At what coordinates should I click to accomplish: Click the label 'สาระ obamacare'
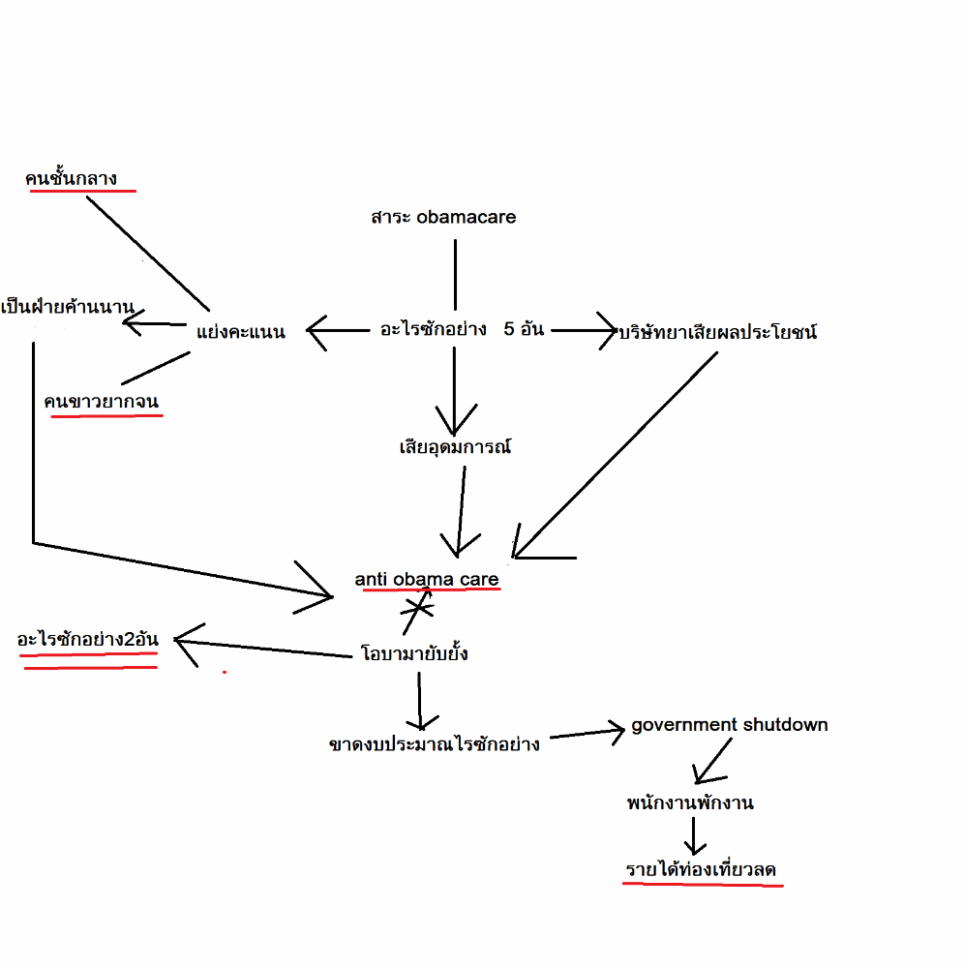pyautogui.click(x=443, y=217)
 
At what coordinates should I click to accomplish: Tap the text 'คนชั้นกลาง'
pyautogui.click(x=72, y=177)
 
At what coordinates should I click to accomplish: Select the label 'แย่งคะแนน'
pyautogui.click(x=240, y=332)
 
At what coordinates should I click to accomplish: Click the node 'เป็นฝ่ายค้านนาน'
pyautogui.click(x=67, y=309)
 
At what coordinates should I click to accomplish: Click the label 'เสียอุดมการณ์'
pyautogui.click(x=455, y=447)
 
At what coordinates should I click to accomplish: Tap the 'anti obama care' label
pyautogui.click(x=427, y=579)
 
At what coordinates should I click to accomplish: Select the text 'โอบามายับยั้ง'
pyautogui.click(x=414, y=653)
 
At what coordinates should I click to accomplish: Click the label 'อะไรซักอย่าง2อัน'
pyautogui.click(x=87, y=640)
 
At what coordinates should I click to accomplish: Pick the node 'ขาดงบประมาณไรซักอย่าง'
pyautogui.click(x=435, y=744)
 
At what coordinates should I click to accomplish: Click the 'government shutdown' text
pyautogui.click(x=729, y=724)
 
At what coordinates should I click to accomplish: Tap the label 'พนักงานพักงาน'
pyautogui.click(x=690, y=802)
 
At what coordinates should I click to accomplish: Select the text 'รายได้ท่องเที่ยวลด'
pyautogui.click(x=701, y=870)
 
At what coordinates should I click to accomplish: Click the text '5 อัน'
pyautogui.click(x=524, y=329)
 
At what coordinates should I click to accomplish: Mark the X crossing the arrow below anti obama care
pyautogui.click(x=416, y=608)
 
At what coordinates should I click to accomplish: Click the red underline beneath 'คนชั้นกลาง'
pyautogui.click(x=82, y=191)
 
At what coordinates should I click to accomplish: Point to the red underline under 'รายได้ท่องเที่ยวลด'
pyautogui.click(x=702, y=885)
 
